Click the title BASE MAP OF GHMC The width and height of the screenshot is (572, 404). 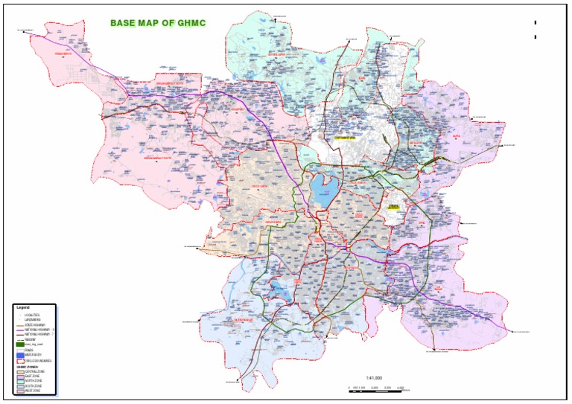pyautogui.click(x=158, y=23)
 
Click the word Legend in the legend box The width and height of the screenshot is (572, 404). pyautogui.click(x=23, y=307)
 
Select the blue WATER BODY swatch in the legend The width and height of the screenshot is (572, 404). pyautogui.click(x=19, y=355)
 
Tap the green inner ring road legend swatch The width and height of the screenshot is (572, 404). pyautogui.click(x=19, y=344)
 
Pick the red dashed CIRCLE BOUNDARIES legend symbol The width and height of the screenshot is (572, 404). pyautogui.click(x=19, y=360)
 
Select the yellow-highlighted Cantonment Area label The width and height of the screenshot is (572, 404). pyautogui.click(x=345, y=138)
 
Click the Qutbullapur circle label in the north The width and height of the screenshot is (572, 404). pyautogui.click(x=277, y=54)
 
